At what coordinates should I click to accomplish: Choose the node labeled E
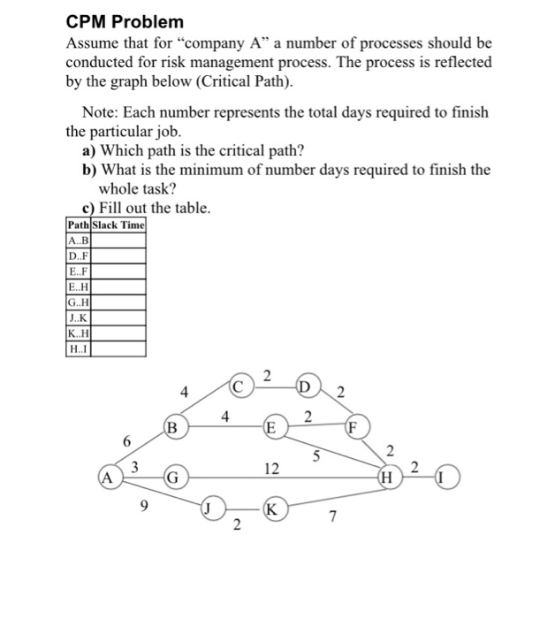274,428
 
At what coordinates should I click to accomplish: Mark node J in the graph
210,508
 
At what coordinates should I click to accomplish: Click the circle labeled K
274,509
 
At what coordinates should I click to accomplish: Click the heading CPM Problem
125,21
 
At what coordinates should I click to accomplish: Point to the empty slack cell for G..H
120,302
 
